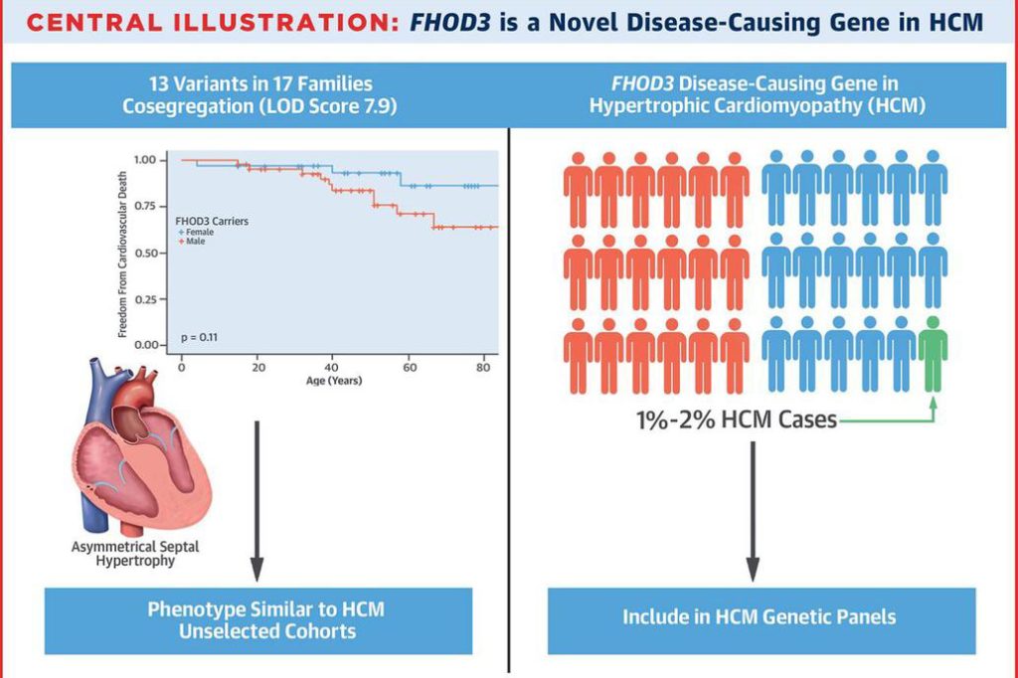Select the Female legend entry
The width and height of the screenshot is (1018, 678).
[200, 232]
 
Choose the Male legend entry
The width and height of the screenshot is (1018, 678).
[196, 242]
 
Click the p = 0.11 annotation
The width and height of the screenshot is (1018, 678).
[199, 337]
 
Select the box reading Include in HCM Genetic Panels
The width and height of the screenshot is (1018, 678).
[761, 617]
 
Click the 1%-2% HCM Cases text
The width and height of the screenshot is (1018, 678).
[737, 420]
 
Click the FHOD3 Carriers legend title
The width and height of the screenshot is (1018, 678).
[211, 221]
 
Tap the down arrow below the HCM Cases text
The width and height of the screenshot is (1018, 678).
[753, 507]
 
